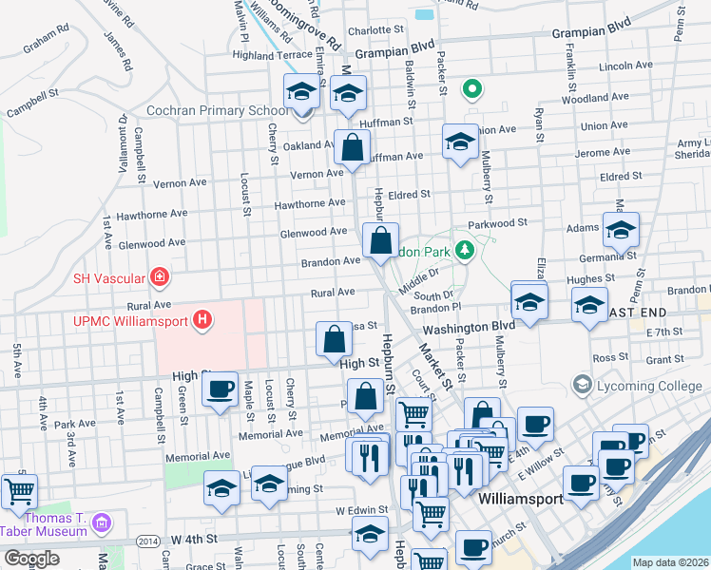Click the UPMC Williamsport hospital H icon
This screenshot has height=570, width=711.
click(x=201, y=321)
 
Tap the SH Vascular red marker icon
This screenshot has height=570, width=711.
click(x=160, y=277)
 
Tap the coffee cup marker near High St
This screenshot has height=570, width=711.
click(x=220, y=389)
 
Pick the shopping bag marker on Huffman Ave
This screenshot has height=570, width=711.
click(x=352, y=148)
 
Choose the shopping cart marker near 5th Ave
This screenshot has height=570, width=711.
click(x=19, y=491)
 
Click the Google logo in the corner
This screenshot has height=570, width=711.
click(x=31, y=560)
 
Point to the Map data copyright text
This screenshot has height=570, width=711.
click(x=671, y=562)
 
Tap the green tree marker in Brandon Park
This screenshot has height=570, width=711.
click(x=465, y=250)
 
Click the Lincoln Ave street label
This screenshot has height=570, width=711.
click(x=626, y=66)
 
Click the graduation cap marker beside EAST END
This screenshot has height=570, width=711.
click(x=589, y=306)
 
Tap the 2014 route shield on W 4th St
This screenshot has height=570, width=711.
click(x=147, y=541)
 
